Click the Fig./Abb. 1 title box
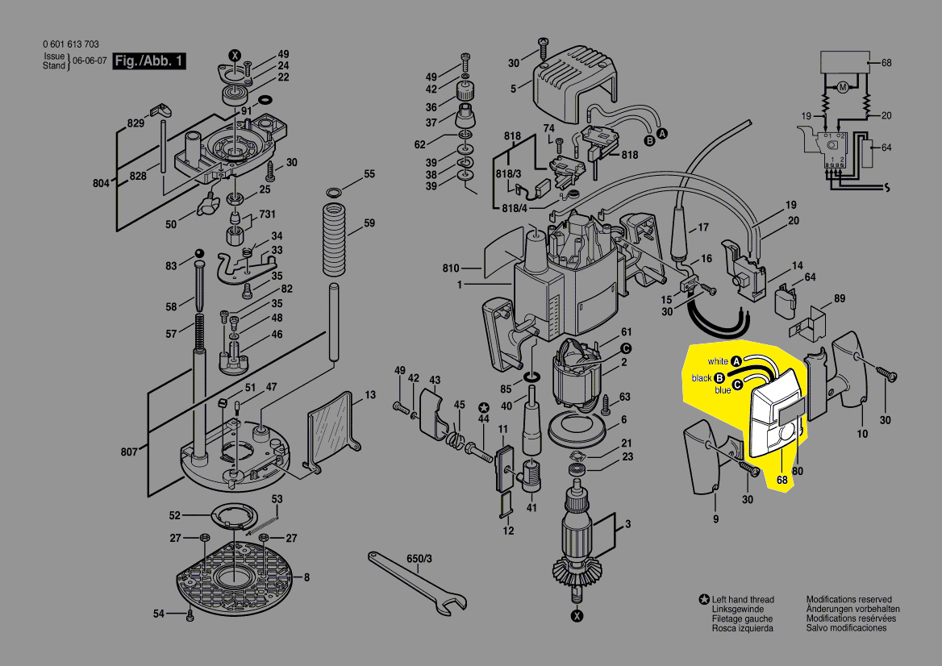pyautogui.click(x=149, y=61)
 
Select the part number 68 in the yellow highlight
pyautogui.click(x=782, y=481)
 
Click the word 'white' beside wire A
pyautogui.click(x=718, y=361)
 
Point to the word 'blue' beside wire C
pyautogui.click(x=723, y=390)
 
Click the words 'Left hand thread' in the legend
pyautogui.click(x=743, y=600)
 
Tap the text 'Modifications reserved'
pyautogui.click(x=849, y=600)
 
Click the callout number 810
pyautogui.click(x=450, y=268)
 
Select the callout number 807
pyautogui.click(x=129, y=452)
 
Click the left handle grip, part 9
pyautogui.click(x=702, y=460)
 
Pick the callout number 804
pyautogui.click(x=100, y=184)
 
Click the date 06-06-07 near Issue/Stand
pyautogui.click(x=90, y=61)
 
